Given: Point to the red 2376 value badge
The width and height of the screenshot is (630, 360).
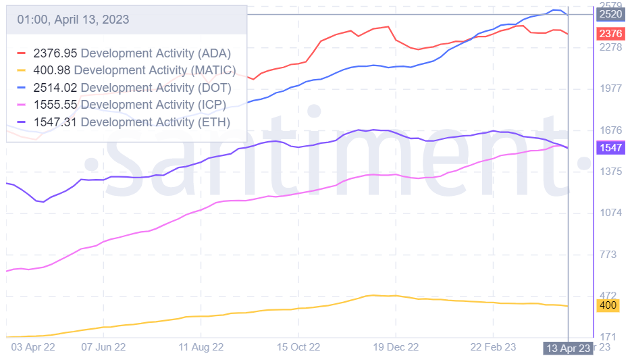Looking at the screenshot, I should click(x=610, y=34).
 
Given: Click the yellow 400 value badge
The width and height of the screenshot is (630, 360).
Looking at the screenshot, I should click(x=608, y=305).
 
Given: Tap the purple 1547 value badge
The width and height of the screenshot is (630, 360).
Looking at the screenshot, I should click(x=610, y=147).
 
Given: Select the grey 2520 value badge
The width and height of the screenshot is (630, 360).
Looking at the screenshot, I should click(x=610, y=14).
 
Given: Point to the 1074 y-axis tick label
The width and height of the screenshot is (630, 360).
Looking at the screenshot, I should click(x=610, y=213).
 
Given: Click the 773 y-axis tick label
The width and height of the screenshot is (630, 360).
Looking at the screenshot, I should click(x=608, y=255).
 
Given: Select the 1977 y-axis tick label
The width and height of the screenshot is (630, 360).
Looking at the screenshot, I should click(x=610, y=88).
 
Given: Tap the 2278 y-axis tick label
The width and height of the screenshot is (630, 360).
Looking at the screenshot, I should click(x=610, y=47).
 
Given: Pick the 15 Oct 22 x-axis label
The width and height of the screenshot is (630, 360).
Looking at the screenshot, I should click(x=298, y=347).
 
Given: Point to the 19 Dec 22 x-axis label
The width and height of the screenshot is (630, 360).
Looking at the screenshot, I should click(x=396, y=347).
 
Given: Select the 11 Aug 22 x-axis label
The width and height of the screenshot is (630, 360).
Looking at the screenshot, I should click(x=201, y=347).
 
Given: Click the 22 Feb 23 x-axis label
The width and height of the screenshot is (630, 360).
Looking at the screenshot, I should click(x=493, y=347).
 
